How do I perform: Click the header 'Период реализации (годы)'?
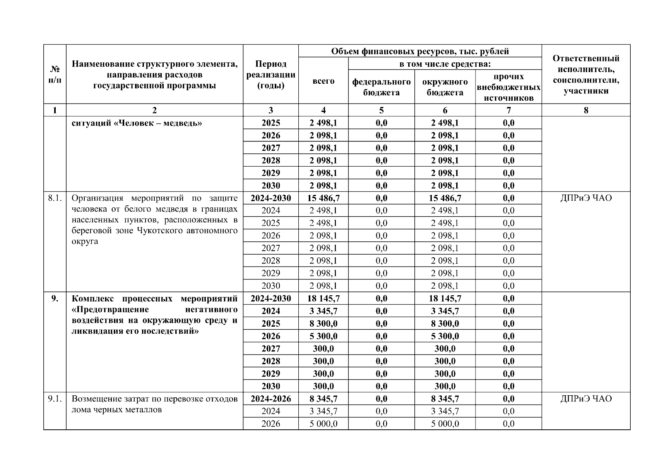coord(270,74)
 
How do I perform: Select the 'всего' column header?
coord(323,81)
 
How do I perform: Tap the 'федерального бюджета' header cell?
coord(381,87)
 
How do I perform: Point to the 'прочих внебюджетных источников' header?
coord(508,87)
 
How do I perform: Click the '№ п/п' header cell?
coord(55,74)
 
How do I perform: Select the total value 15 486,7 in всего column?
coord(323,198)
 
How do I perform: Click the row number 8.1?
coord(55,198)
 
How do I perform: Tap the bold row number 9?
coord(55,298)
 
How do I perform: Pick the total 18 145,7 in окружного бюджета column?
coord(445,298)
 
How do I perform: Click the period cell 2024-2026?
coord(270,399)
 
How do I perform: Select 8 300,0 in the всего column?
coord(323,324)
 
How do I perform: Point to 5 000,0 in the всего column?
coord(323,424)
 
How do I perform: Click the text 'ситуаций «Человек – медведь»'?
coord(137,123)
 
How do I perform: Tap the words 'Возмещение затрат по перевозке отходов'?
coord(154,399)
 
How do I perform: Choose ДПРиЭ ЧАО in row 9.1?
coord(586,399)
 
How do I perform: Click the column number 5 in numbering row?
coord(381,110)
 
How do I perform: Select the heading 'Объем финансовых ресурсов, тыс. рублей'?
coord(420,51)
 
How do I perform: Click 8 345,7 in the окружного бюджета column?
coord(445,399)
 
